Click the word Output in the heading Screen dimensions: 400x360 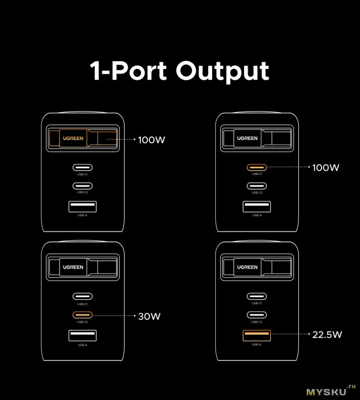click(222, 71)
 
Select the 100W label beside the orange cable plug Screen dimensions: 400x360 click(152, 140)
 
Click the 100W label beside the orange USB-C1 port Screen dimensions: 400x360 click(326, 168)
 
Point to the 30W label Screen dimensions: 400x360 click(149, 316)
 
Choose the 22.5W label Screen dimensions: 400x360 click(327, 334)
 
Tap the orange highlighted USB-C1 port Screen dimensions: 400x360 click(256, 168)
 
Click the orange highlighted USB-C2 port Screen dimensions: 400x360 click(82, 314)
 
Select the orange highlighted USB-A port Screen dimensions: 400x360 click(256, 336)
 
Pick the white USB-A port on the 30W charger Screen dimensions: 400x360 click(82, 336)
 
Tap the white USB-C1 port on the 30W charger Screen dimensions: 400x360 click(82, 296)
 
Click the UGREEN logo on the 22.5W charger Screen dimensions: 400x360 click(247, 267)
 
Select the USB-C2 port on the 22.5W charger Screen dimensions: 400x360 click(256, 314)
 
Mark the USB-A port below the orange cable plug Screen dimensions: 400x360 click(82, 207)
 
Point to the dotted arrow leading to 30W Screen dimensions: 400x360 click(115, 316)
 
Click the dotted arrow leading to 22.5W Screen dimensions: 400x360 click(290, 334)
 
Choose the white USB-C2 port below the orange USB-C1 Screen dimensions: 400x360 click(256, 186)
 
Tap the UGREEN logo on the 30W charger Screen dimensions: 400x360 click(73, 267)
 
